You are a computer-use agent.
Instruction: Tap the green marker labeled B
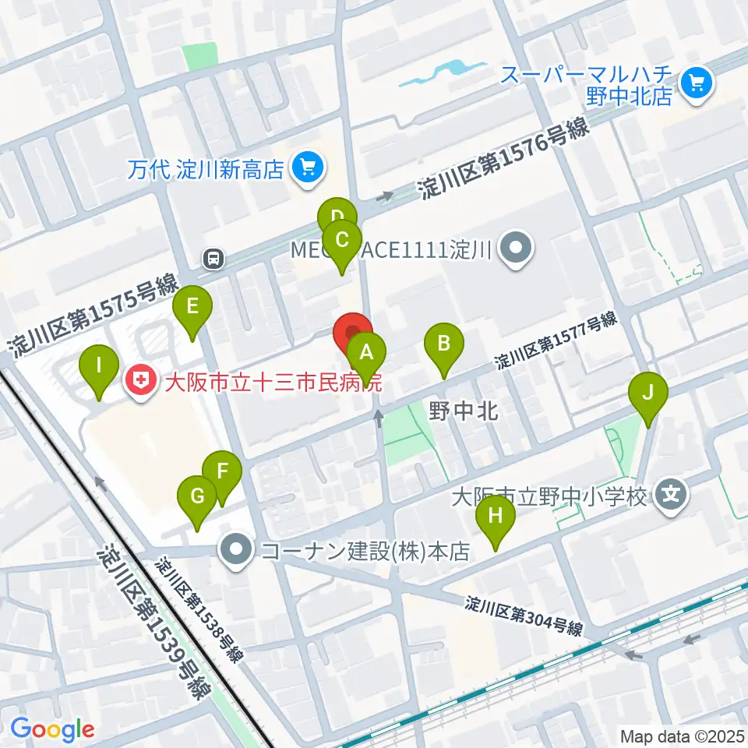(x=443, y=344)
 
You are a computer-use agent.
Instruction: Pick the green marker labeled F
(x=222, y=471)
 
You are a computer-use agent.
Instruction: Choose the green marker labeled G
(x=197, y=496)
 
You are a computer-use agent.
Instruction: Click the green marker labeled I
(x=99, y=365)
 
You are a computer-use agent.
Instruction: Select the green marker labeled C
(x=341, y=240)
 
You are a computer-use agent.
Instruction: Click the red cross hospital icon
(x=141, y=381)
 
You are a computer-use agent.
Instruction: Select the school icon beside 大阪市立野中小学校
(x=670, y=493)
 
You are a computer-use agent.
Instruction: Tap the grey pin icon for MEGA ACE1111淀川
(x=515, y=251)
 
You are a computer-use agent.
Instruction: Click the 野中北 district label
(x=464, y=411)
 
